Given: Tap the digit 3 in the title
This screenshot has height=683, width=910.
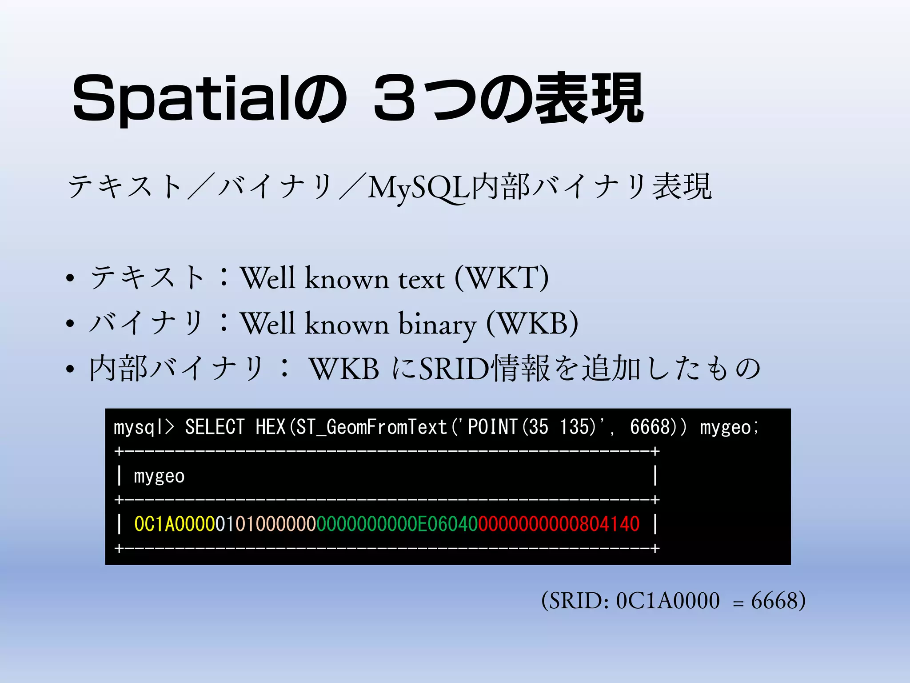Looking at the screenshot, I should tap(395, 99).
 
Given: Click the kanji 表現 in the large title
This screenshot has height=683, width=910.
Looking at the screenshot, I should tap(589, 99).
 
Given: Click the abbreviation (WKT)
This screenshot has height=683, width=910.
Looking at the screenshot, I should tap(502, 278).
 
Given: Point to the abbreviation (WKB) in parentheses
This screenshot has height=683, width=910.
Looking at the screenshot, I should tap(532, 324).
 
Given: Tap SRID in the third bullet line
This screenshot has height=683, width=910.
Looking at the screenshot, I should tap(454, 369).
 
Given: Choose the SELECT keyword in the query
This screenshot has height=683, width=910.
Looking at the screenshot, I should tap(215, 427).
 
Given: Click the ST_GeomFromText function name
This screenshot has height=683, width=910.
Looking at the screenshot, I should tap(371, 427).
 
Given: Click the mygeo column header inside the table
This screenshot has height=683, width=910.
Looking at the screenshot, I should tap(159, 476).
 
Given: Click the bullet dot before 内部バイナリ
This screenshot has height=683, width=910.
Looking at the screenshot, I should tap(70, 369).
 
